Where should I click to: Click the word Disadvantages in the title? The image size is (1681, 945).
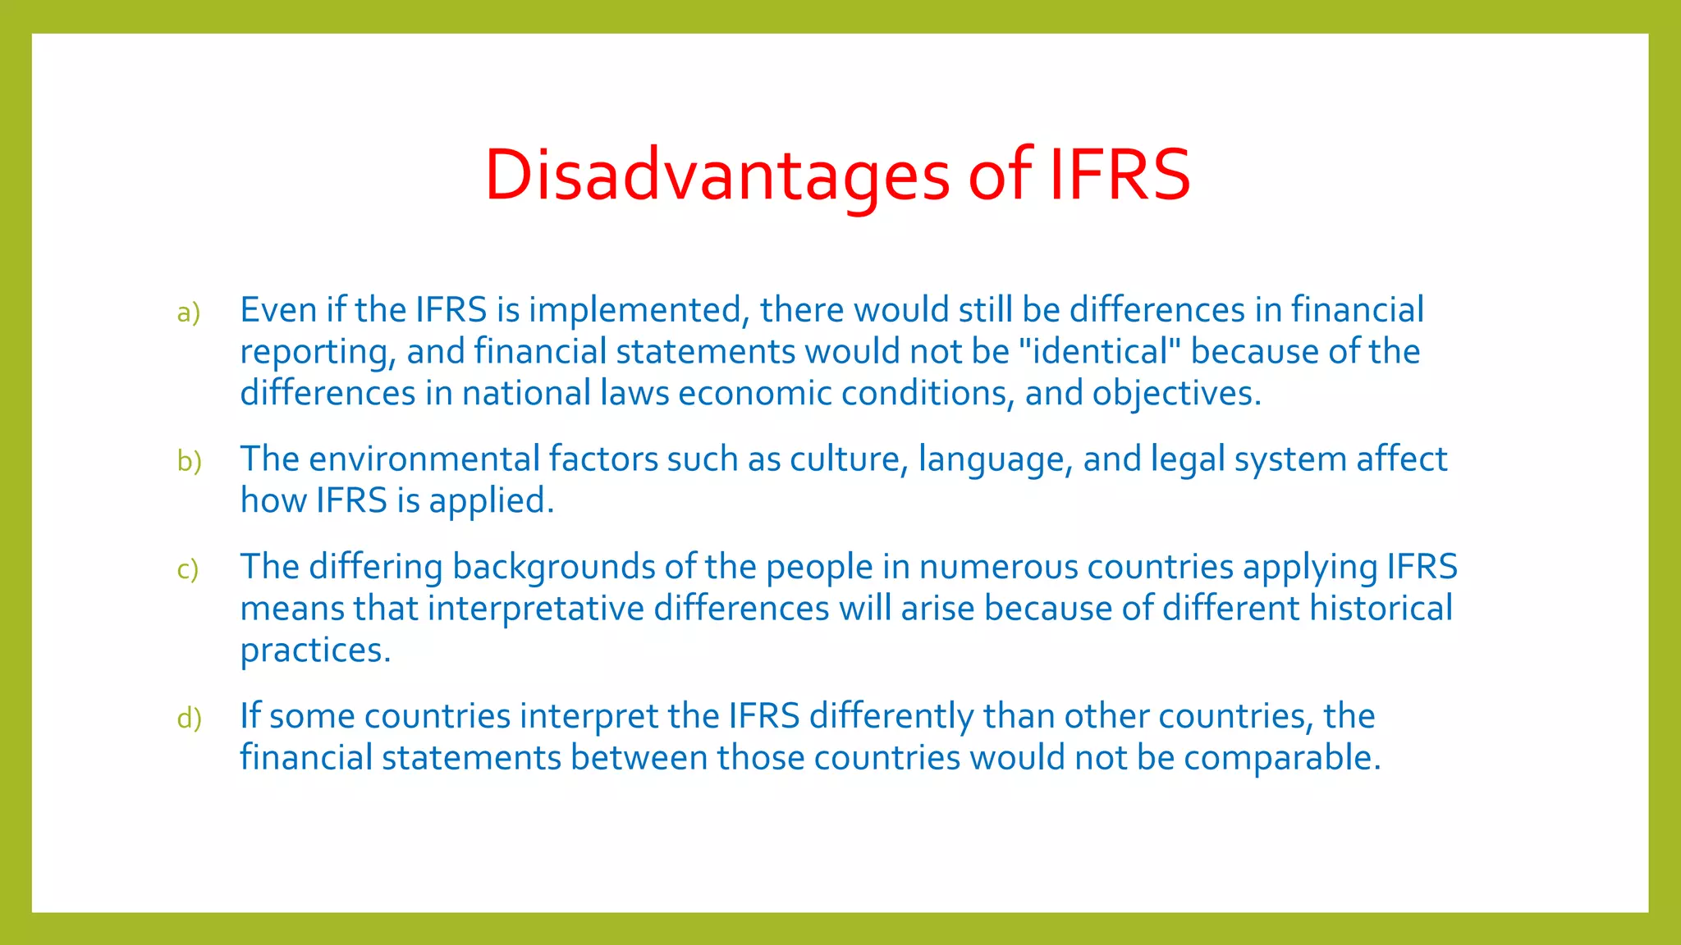click(717, 175)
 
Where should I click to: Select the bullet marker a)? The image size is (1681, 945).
click(188, 313)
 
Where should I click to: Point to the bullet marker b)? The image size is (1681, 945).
click(189, 461)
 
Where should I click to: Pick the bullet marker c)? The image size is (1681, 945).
click(187, 568)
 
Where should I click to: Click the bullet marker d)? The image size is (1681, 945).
click(189, 718)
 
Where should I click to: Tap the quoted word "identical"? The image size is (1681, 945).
click(1099, 352)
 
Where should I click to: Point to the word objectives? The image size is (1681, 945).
click(1175, 394)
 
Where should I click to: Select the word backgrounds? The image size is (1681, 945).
click(554, 568)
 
